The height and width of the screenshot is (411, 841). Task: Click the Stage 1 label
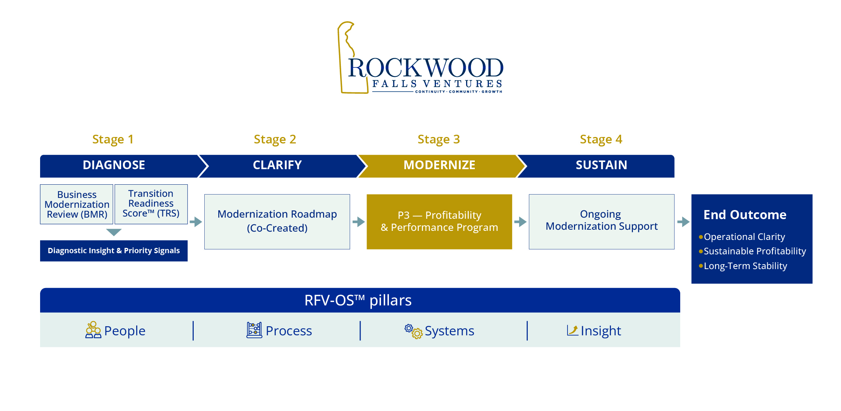click(x=113, y=139)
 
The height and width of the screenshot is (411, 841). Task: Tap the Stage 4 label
click(x=601, y=139)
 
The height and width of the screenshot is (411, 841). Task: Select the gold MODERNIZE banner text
click(x=439, y=165)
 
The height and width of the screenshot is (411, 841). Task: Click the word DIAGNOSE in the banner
click(x=114, y=165)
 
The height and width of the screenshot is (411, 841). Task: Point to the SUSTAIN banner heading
click(x=601, y=165)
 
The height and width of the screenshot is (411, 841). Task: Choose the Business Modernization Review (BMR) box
click(x=77, y=204)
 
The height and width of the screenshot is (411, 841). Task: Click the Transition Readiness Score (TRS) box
click(x=151, y=204)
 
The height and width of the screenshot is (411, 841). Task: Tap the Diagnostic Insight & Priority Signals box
click(x=113, y=251)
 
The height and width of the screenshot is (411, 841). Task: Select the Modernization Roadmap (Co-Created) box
click(x=277, y=221)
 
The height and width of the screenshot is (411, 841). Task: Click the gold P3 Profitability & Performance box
click(x=439, y=221)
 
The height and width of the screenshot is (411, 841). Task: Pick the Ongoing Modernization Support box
click(x=601, y=221)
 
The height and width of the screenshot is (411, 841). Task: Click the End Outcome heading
click(x=745, y=215)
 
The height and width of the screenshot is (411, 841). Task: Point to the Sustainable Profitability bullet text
click(x=754, y=251)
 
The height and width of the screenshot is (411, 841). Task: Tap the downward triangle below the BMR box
click(x=114, y=232)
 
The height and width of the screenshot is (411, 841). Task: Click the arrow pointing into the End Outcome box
click(x=683, y=222)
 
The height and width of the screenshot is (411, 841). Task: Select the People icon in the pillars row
click(x=93, y=330)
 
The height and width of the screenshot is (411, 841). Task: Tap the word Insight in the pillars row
click(x=600, y=331)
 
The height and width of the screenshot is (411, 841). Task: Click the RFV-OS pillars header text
click(x=358, y=300)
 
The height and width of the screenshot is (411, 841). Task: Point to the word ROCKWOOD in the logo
click(x=426, y=68)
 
